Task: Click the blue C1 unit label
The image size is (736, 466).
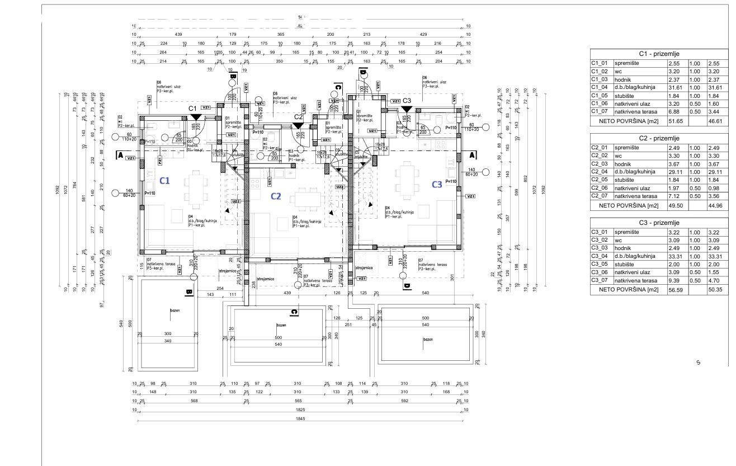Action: [x=165, y=181]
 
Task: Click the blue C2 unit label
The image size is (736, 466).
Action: [x=276, y=196]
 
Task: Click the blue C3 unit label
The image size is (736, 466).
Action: [x=437, y=183]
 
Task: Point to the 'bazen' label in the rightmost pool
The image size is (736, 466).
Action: [x=428, y=339]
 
